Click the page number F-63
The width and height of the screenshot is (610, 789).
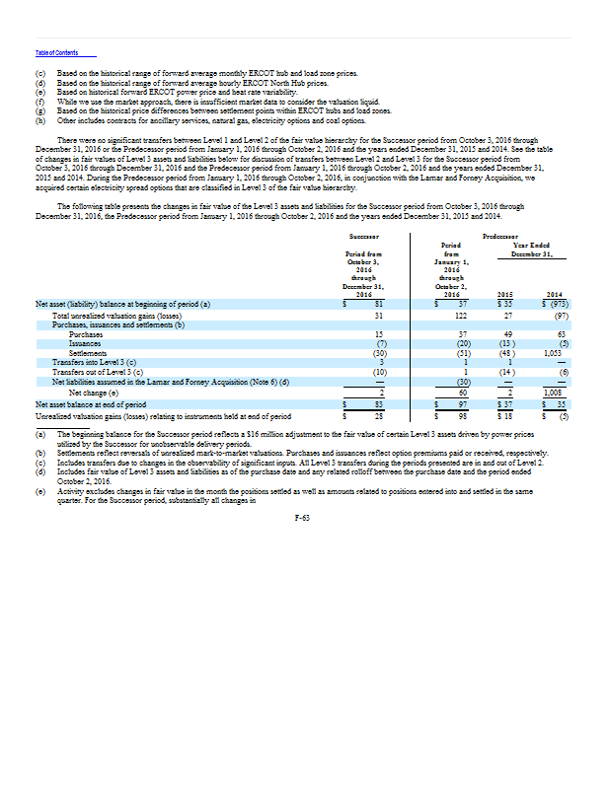[304, 516]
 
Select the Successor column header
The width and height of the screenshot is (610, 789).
[364, 237]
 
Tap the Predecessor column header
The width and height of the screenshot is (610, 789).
[503, 237]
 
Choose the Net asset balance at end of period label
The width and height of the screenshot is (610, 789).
[91, 403]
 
